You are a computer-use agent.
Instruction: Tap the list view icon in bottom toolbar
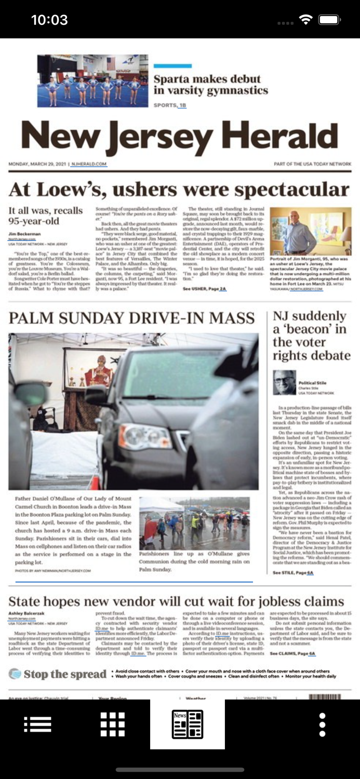[x=37, y=724]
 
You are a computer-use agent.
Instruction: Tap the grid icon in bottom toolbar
[x=113, y=724]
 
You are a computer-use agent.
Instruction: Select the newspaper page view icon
[x=187, y=724]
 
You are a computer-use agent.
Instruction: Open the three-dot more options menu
[x=322, y=724]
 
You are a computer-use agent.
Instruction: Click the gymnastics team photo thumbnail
[x=92, y=81]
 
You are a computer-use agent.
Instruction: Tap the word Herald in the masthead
[x=280, y=137]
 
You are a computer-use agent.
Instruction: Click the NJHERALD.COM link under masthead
[x=89, y=164]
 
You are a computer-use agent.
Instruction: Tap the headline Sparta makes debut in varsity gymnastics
[x=210, y=85]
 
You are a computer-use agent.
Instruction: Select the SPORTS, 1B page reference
[x=170, y=105]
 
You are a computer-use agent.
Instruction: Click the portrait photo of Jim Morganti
[x=310, y=231]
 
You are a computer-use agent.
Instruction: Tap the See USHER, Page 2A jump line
[x=205, y=288]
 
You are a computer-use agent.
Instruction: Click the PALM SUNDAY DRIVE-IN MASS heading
[x=131, y=318]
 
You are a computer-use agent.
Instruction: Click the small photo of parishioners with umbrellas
[x=194, y=523]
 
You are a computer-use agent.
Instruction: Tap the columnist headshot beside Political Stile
[x=284, y=383]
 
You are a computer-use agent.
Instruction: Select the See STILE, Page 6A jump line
[x=293, y=572]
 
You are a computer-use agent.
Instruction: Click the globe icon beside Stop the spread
[x=15, y=674]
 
